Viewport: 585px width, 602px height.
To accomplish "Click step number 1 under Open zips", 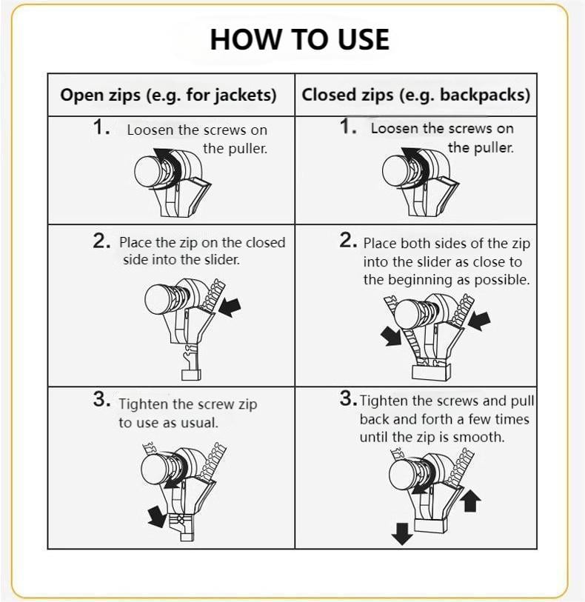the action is coord(101,127).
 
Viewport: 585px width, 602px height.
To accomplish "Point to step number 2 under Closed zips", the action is coord(348,241).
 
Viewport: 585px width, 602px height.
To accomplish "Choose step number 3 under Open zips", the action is coord(101,398).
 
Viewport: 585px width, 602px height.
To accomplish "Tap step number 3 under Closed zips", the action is coord(348,398).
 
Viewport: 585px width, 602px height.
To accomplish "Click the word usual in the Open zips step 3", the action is coord(199,423).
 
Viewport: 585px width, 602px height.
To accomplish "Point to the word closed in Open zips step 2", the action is coord(265,243).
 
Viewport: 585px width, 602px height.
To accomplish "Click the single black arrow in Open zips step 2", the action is coord(230,307).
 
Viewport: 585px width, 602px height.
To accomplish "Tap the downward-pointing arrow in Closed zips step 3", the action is coord(401,534).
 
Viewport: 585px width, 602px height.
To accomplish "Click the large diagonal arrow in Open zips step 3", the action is coord(156,516).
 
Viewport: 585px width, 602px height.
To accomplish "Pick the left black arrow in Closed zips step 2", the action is coord(391,336).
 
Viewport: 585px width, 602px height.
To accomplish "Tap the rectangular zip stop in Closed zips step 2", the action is coord(431,372).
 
